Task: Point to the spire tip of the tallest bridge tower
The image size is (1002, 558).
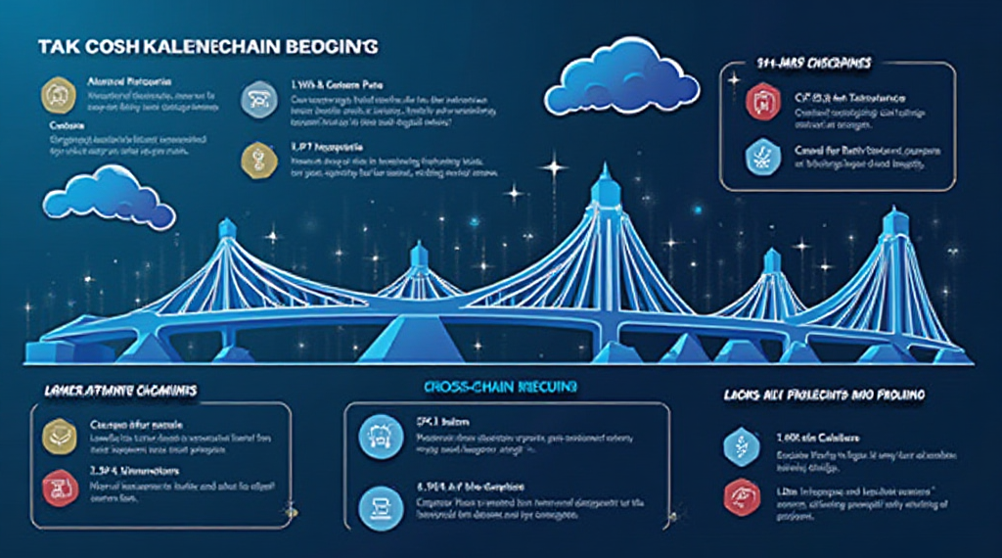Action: tap(603, 168)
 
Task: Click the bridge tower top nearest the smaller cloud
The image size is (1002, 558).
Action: tap(227, 227)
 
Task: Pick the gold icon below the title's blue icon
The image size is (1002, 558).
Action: tap(255, 158)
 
